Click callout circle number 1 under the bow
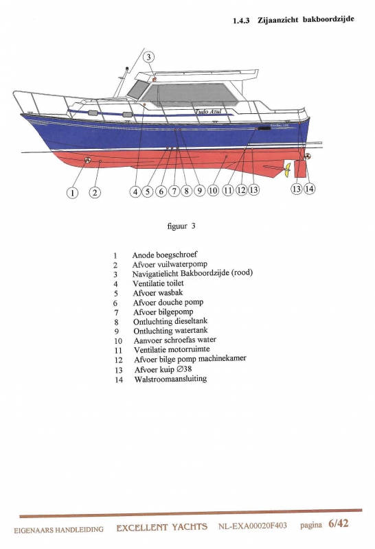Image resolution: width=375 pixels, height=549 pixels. point(72,193)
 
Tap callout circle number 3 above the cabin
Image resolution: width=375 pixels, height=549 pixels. point(148,57)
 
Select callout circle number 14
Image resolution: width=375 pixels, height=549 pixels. point(309,189)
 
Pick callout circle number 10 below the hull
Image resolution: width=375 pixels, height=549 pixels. point(213,190)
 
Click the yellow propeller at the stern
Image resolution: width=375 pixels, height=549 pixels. point(288,170)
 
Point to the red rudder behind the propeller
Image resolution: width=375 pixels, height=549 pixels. point(299,169)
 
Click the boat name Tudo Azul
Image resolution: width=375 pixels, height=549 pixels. point(208,111)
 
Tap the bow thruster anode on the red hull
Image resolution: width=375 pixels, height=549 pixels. point(87,160)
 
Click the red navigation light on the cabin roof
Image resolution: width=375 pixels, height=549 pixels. point(155,80)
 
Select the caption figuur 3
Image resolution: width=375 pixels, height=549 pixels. point(181,226)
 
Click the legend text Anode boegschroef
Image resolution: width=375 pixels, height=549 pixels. point(165,255)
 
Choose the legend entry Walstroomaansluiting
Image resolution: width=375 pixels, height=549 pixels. point(170,379)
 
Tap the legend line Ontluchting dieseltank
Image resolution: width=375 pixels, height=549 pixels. point(170,321)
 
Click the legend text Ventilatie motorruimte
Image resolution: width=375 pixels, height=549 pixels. point(172,349)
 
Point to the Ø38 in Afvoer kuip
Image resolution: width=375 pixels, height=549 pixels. point(184,369)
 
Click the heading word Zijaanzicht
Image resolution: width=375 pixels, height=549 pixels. point(278,20)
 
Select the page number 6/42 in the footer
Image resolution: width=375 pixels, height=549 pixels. point(339,524)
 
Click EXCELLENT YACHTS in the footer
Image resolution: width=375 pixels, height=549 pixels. point(162,527)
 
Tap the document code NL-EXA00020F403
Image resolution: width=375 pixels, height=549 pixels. point(252,526)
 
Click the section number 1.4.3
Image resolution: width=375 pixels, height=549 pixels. point(241,21)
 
